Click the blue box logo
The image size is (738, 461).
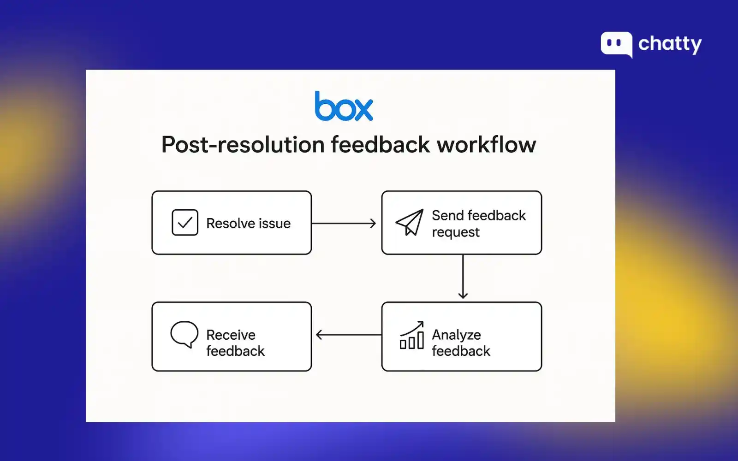tap(344, 106)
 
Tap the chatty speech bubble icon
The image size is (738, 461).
tap(616, 44)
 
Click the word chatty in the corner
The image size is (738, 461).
tap(670, 44)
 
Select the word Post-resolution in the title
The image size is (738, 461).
tap(243, 145)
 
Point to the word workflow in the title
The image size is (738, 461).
tap(487, 145)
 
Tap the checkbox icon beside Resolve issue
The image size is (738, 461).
tap(185, 223)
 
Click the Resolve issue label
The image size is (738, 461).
tap(248, 224)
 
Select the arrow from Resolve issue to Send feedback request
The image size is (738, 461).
tap(344, 224)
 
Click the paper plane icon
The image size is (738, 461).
tap(409, 222)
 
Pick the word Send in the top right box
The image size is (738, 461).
tap(447, 215)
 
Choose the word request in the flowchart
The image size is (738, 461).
tap(456, 232)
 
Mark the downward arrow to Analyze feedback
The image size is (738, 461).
tap(463, 277)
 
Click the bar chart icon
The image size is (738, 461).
tap(411, 336)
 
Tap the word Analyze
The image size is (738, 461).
tap(456, 335)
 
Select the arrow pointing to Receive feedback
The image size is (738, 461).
tap(348, 335)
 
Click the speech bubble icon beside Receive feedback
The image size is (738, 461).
tap(184, 334)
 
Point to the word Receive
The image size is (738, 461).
tap(231, 335)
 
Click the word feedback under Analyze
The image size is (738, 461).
tap(461, 351)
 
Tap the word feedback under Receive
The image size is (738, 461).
tap(235, 351)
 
